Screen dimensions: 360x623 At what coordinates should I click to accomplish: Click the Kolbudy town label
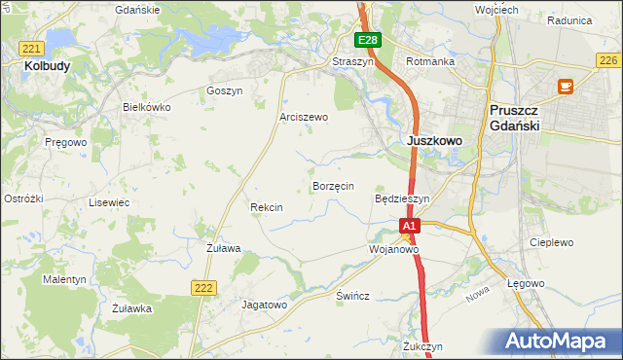[38, 65]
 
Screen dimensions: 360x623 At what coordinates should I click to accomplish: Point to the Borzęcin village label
[332, 185]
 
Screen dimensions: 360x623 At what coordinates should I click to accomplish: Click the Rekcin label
[266, 207]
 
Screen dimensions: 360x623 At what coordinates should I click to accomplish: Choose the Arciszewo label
[304, 117]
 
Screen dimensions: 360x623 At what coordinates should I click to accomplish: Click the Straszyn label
[352, 61]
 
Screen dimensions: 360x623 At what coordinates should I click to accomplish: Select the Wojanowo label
[393, 249]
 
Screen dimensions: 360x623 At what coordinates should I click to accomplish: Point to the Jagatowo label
[264, 305]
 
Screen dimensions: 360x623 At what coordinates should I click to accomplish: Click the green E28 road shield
[367, 40]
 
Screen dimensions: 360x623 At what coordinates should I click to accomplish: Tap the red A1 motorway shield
[410, 226]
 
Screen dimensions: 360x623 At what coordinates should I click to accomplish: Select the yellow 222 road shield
[202, 286]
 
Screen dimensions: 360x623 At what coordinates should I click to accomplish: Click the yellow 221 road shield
[31, 48]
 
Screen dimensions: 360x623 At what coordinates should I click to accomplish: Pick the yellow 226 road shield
[609, 60]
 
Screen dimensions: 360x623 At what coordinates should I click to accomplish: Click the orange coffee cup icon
[564, 87]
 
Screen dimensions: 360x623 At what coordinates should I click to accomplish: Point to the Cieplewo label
[550, 242]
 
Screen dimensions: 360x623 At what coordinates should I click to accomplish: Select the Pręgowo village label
[66, 142]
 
